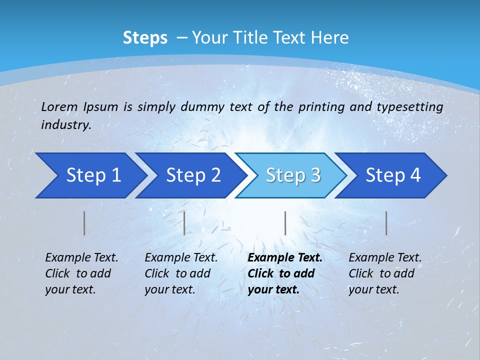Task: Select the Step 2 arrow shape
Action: click(x=192, y=175)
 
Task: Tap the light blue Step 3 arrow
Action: click(x=292, y=175)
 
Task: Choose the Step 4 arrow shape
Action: click(x=393, y=175)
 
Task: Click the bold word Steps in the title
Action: click(x=145, y=38)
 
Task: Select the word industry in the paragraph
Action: click(x=65, y=125)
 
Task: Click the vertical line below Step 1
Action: click(x=84, y=223)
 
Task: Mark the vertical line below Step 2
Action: click(x=184, y=223)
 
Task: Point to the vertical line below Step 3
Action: click(x=285, y=223)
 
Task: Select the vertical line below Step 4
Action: click(x=386, y=223)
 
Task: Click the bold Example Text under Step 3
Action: click(x=285, y=258)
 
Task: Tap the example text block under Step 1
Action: click(x=81, y=273)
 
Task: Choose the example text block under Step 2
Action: click(x=181, y=273)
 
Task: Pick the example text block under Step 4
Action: click(x=385, y=273)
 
